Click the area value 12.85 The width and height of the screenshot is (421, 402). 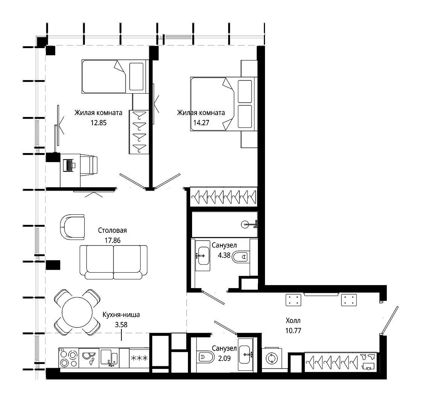point(98,123)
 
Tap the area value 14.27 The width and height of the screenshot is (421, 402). point(201,123)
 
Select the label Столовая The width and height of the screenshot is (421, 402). point(112,231)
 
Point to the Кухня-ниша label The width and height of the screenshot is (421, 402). point(121,315)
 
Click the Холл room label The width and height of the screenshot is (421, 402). point(293,321)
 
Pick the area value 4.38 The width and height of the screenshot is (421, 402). point(224,255)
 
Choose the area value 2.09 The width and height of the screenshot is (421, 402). point(224,358)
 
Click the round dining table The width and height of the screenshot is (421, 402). point(77,312)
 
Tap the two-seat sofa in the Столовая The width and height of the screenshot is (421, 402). point(114,262)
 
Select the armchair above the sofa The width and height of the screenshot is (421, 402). point(72,227)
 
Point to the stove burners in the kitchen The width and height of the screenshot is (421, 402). point(68,358)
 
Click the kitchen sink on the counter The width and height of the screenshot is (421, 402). point(109,358)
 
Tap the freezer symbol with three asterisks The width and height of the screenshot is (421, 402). point(139,358)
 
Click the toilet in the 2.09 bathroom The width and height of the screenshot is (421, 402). point(205,357)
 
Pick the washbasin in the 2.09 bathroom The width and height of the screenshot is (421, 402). point(246,355)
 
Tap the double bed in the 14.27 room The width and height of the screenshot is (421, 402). point(224,104)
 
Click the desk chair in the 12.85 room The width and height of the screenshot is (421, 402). point(89,165)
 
